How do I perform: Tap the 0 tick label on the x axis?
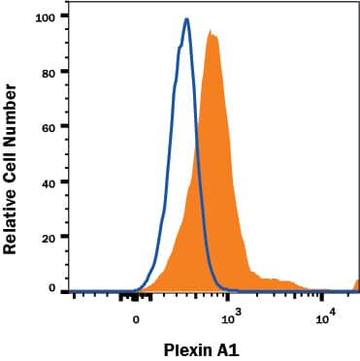coord(137,318)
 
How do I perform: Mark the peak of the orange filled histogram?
coord(211,34)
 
